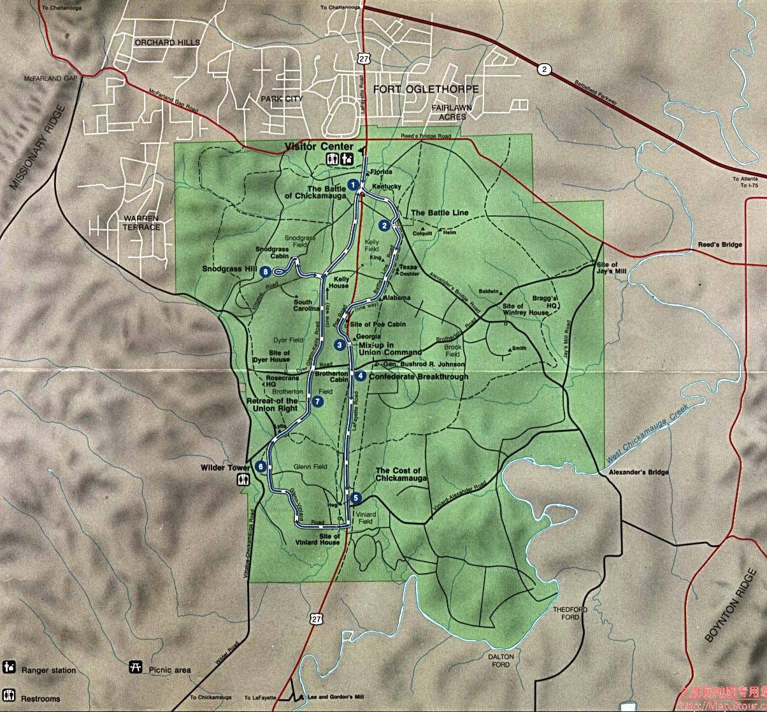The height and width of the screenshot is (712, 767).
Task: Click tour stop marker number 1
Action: click(x=351, y=185)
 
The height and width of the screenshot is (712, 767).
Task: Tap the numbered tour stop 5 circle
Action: click(x=355, y=498)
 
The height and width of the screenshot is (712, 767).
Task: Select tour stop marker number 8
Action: click(x=266, y=272)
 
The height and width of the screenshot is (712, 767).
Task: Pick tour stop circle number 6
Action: click(x=262, y=466)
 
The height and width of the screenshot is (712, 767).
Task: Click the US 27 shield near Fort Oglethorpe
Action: click(x=364, y=59)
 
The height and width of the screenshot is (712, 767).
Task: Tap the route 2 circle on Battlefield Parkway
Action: click(x=543, y=69)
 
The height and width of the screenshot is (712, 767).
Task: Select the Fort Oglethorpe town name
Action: click(x=426, y=89)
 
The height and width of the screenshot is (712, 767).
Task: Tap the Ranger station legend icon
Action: click(x=8, y=667)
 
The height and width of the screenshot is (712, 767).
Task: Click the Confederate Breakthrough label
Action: click(x=419, y=376)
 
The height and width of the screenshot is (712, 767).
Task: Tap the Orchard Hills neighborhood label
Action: click(x=167, y=43)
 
